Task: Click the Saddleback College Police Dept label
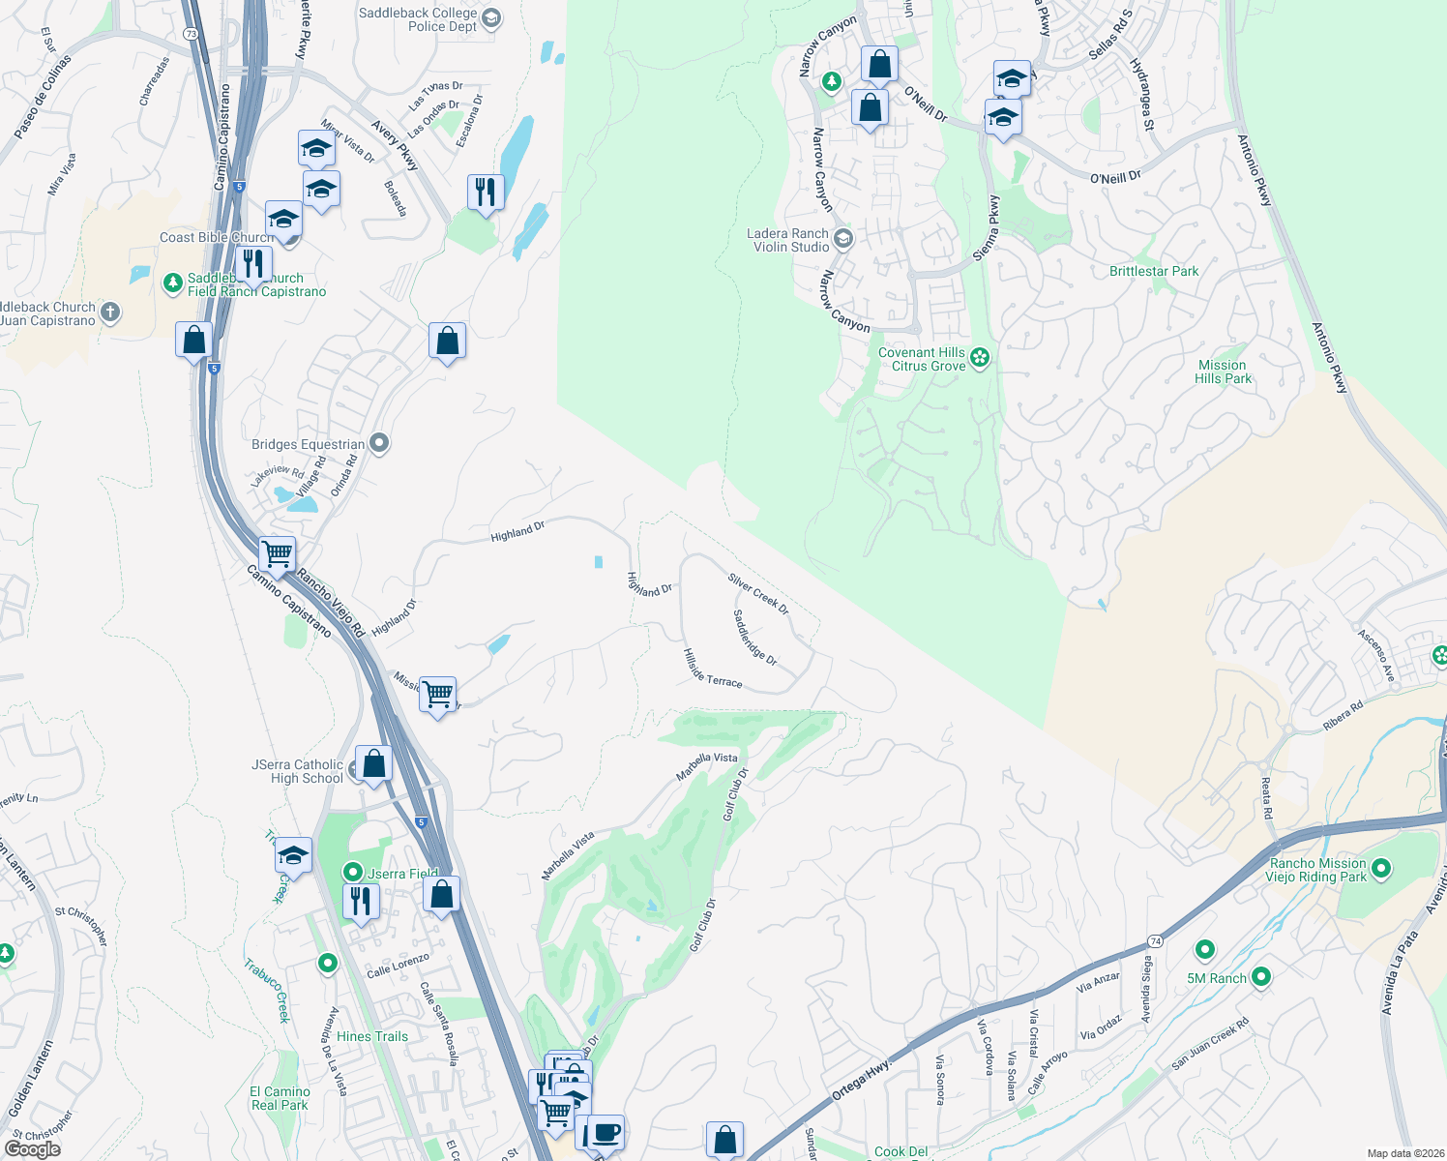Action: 418,19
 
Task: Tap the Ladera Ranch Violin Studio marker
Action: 843,239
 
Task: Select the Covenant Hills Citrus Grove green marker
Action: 980,359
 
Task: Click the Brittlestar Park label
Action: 1154,272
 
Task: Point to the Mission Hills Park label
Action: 1223,372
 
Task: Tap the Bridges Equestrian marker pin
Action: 379,444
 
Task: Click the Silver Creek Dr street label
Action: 758,594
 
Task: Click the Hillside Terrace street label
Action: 713,669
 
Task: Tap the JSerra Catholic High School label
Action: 298,771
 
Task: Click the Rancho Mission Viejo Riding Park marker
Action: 1381,869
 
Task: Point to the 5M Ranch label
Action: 1217,978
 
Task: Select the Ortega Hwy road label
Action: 860,1082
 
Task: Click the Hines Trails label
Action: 372,1036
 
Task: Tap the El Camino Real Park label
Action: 281,1098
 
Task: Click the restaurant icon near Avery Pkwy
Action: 486,192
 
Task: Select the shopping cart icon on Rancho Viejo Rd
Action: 278,553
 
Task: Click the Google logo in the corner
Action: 32,1149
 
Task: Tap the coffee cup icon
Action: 606,1131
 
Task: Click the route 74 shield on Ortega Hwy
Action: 1155,941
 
